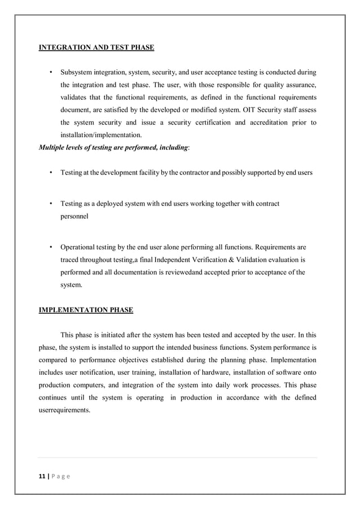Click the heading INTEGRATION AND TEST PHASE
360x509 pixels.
coord(96,47)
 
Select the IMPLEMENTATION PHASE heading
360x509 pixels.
coord(86,310)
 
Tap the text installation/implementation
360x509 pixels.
coord(101,135)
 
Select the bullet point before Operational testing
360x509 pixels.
coord(51,247)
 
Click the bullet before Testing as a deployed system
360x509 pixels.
coord(51,203)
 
